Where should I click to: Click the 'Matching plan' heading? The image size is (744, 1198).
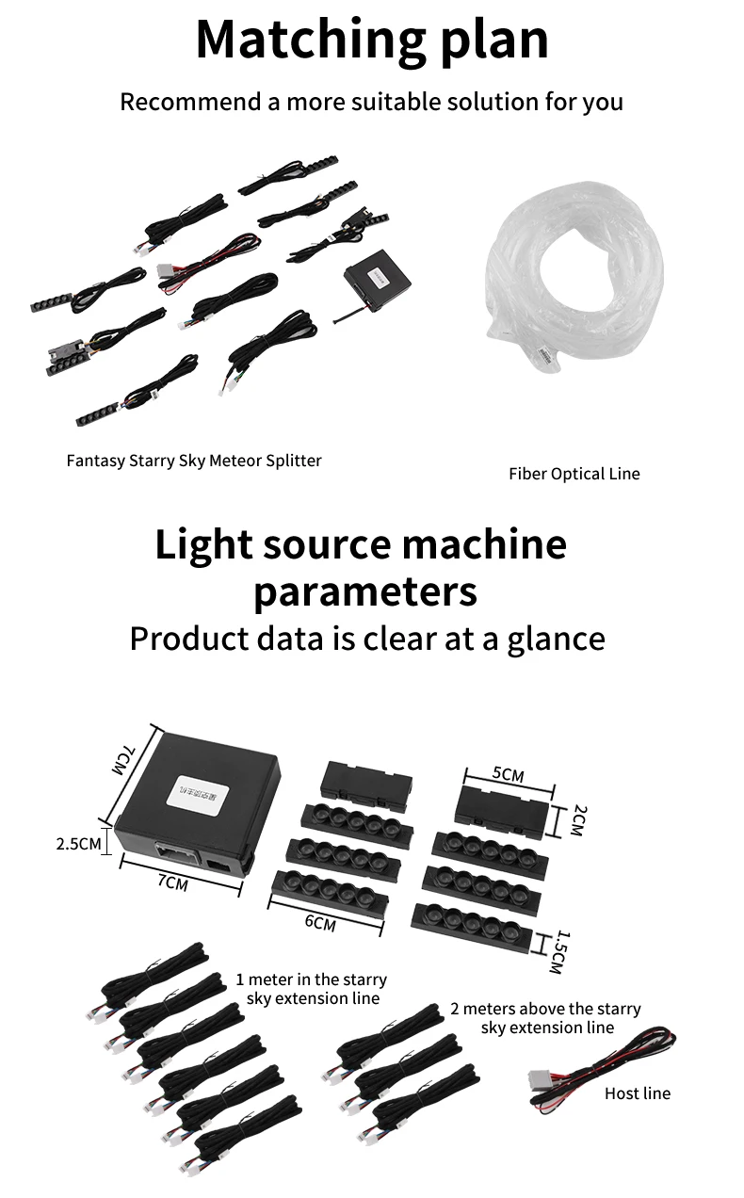[372, 40]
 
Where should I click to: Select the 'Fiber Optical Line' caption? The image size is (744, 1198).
[574, 474]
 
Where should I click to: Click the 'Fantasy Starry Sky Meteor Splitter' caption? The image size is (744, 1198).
[194, 461]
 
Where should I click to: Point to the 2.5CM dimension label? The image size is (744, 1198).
[78, 844]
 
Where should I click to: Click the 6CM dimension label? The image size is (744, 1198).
[320, 923]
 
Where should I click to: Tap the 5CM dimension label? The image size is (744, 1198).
[509, 774]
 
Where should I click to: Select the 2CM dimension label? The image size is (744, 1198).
[580, 820]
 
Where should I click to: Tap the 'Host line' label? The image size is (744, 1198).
[637, 1093]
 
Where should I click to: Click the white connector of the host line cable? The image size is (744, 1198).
[539, 1081]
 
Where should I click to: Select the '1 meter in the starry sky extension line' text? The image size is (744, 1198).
[312, 988]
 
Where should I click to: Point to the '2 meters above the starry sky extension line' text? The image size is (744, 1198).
[546, 1018]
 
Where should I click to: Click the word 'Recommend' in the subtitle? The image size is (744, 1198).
[190, 102]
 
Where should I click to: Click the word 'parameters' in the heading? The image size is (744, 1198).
[365, 592]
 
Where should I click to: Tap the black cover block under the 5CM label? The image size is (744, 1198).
[502, 806]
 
